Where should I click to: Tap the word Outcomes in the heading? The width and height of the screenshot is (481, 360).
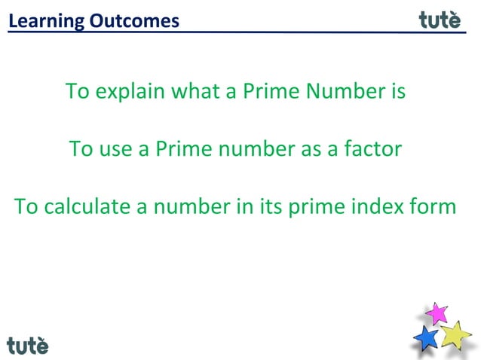(134, 20)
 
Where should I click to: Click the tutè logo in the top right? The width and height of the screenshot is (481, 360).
(440, 20)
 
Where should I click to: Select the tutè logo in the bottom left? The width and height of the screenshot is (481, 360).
(28, 345)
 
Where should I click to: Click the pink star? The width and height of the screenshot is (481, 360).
(436, 313)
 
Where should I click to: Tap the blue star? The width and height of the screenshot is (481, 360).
(427, 337)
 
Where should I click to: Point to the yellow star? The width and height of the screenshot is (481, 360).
(455, 334)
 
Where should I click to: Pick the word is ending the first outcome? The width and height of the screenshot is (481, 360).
(398, 92)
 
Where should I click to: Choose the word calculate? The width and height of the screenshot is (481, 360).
(89, 206)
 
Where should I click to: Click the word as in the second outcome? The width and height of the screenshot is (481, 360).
(310, 148)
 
